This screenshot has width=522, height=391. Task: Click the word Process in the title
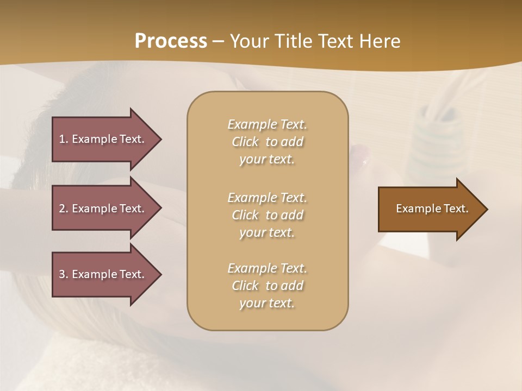[171, 41]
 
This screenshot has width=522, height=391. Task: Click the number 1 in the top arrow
[62, 139]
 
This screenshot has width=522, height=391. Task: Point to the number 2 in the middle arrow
[62, 209]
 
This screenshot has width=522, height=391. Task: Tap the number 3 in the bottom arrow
[62, 274]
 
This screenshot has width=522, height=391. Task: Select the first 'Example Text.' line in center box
[267, 124]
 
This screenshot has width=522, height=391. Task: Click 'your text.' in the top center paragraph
[267, 160]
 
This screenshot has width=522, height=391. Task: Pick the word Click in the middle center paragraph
[245, 215]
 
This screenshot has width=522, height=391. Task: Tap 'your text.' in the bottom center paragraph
[267, 304]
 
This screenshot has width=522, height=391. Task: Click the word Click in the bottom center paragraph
[245, 286]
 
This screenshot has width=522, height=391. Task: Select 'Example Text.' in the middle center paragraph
[267, 197]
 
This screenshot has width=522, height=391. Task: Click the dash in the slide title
[219, 41]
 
